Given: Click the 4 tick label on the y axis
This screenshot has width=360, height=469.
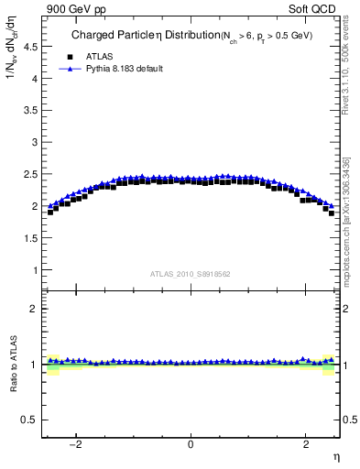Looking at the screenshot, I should (35, 78).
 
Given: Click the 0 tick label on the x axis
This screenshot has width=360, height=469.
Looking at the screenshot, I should (191, 445).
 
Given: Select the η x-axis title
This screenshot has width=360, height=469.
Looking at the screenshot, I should (335, 457).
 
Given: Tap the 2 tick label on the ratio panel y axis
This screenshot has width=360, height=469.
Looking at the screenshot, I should (35, 309).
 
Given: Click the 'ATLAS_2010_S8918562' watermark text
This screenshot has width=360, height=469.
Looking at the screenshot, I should (191, 274).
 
